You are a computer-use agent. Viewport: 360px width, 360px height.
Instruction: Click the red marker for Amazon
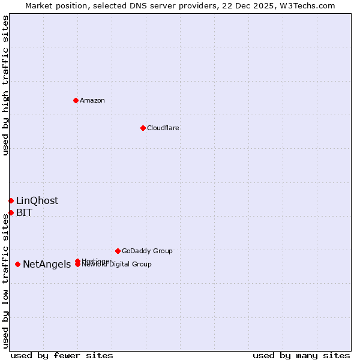[x=76, y=100]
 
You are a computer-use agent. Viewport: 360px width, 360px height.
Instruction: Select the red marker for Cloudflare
[x=143, y=128]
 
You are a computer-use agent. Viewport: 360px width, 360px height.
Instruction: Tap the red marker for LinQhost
[x=11, y=200]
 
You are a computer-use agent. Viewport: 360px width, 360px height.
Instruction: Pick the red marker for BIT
[x=11, y=212]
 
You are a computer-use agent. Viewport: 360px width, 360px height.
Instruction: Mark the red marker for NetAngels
[x=18, y=264]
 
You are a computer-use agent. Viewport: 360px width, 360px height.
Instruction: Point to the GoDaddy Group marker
[x=118, y=251]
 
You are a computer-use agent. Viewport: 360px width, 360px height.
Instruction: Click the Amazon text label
[x=92, y=100]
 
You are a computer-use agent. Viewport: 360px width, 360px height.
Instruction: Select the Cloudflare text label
[x=163, y=128]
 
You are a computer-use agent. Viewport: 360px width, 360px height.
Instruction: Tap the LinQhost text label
[x=37, y=201]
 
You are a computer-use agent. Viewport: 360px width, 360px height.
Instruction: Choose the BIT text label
[x=25, y=213]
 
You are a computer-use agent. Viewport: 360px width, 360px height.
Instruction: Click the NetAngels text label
[x=47, y=265]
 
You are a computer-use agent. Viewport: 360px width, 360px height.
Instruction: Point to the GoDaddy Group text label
[x=147, y=251]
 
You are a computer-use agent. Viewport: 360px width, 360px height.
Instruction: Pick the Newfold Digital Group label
[x=118, y=265]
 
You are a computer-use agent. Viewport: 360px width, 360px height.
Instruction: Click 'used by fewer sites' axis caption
[x=62, y=355]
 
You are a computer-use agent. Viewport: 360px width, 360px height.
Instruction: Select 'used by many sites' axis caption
[x=301, y=355]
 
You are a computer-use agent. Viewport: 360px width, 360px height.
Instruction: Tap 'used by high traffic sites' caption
[x=5, y=85]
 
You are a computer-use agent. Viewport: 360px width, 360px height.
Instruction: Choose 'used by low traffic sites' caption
[x=5, y=281]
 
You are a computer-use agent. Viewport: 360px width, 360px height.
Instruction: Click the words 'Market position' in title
[x=54, y=5]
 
